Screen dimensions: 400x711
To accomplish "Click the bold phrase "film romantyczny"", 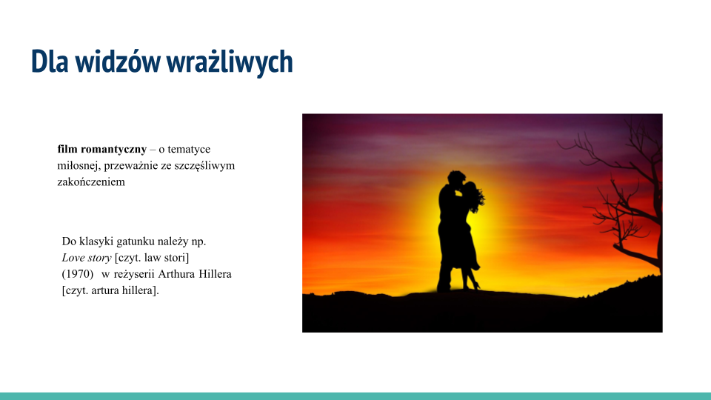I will pyautogui.click(x=101, y=149).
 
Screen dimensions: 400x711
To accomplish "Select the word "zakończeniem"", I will pyautogui.click(x=91, y=181).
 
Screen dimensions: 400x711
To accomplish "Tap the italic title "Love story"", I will pyautogui.click(x=87, y=258).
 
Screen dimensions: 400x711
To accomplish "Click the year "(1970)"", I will pyautogui.click(x=78, y=274).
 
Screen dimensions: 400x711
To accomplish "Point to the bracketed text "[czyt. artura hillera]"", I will pyautogui.click(x=111, y=290).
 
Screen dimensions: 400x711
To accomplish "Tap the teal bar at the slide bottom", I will pyautogui.click(x=355, y=396).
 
